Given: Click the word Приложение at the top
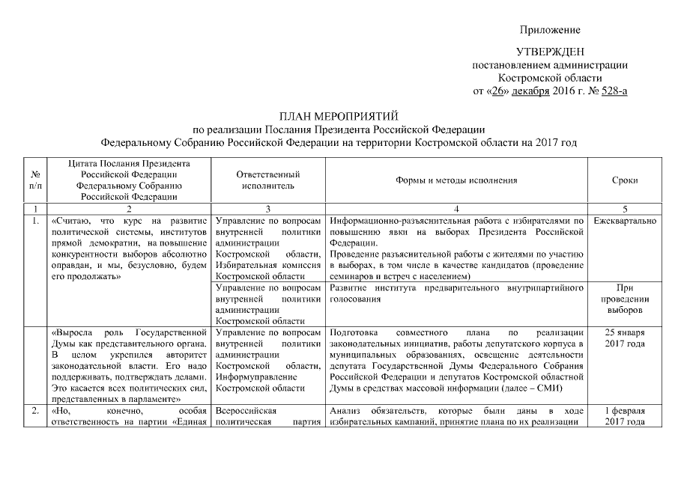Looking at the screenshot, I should pos(550,30).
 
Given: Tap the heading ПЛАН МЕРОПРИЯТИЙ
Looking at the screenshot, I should pos(339,116).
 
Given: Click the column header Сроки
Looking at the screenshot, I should pos(624,180).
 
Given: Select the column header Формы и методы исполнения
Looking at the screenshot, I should pos(456,180).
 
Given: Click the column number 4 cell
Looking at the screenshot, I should pos(456,209).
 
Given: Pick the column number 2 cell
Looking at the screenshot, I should pos(129,209).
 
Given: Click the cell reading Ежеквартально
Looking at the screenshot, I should pos(624,222).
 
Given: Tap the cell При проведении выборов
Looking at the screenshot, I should pos(624,297).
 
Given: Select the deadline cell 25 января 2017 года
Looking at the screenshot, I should pos(624,338).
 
